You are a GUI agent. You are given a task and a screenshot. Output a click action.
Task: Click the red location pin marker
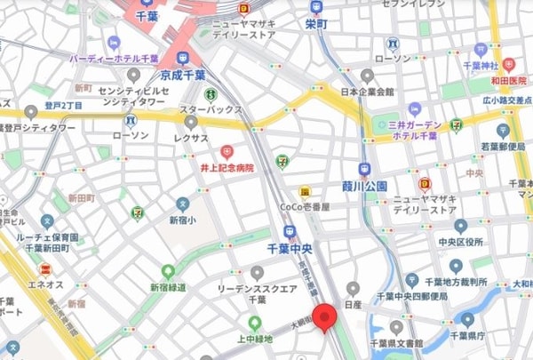pyautogui.click(x=329, y=318)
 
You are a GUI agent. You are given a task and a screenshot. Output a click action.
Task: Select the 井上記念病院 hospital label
pyautogui.click(x=226, y=167)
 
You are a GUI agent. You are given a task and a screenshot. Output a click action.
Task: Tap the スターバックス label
pyautogui.click(x=211, y=109)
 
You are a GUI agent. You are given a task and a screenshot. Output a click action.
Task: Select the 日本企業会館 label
pyautogui.click(x=366, y=92)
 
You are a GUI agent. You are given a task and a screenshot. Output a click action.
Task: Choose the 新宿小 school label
pyautogui.click(x=182, y=219)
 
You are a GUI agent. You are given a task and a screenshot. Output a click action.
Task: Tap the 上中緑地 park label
pyautogui.click(x=255, y=340)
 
